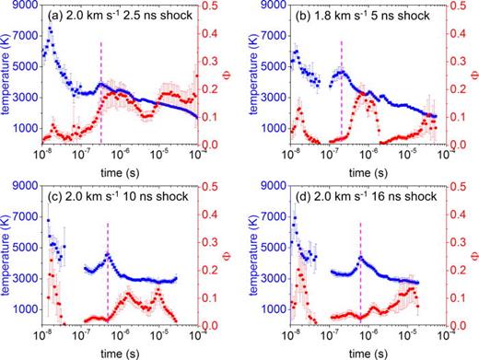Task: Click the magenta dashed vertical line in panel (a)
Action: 101,64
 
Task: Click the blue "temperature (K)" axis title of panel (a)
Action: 8,76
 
